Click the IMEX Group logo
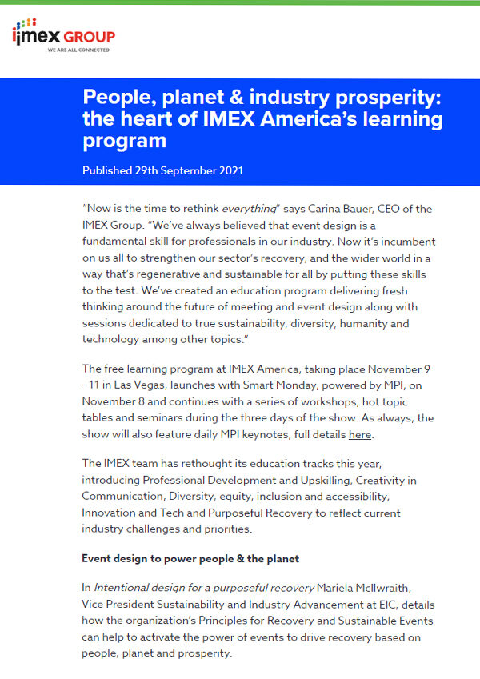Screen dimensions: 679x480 click(64, 36)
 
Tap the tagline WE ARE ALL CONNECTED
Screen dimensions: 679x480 click(78, 50)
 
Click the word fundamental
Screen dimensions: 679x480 click(118, 242)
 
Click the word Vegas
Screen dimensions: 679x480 click(155, 385)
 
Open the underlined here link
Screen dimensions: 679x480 click(360, 435)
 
